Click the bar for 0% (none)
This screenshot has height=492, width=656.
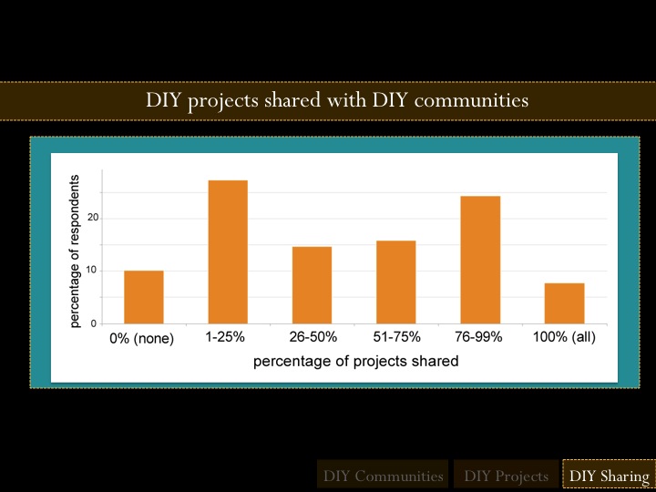pos(144,297)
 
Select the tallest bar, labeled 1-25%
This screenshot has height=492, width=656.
pos(228,252)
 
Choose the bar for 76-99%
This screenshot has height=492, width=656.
pos(480,260)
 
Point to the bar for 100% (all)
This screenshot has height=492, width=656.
pos(564,303)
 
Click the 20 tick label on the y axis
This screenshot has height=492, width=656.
pos(93,219)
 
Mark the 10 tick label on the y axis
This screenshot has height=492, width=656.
pos(93,272)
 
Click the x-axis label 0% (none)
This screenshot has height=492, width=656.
pos(142,338)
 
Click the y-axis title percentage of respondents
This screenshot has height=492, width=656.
pos(77,250)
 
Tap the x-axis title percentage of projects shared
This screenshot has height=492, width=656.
pos(355,361)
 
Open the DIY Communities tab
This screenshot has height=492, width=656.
pos(383,476)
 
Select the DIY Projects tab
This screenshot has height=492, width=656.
pos(506,476)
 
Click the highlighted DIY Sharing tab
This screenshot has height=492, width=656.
pos(608,476)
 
